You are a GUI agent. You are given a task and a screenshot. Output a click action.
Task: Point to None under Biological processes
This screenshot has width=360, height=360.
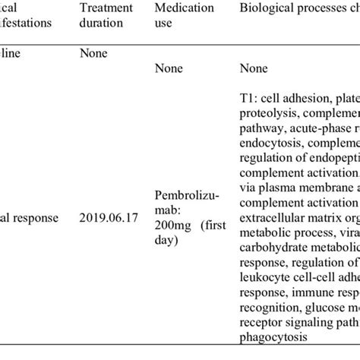tap(252, 69)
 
